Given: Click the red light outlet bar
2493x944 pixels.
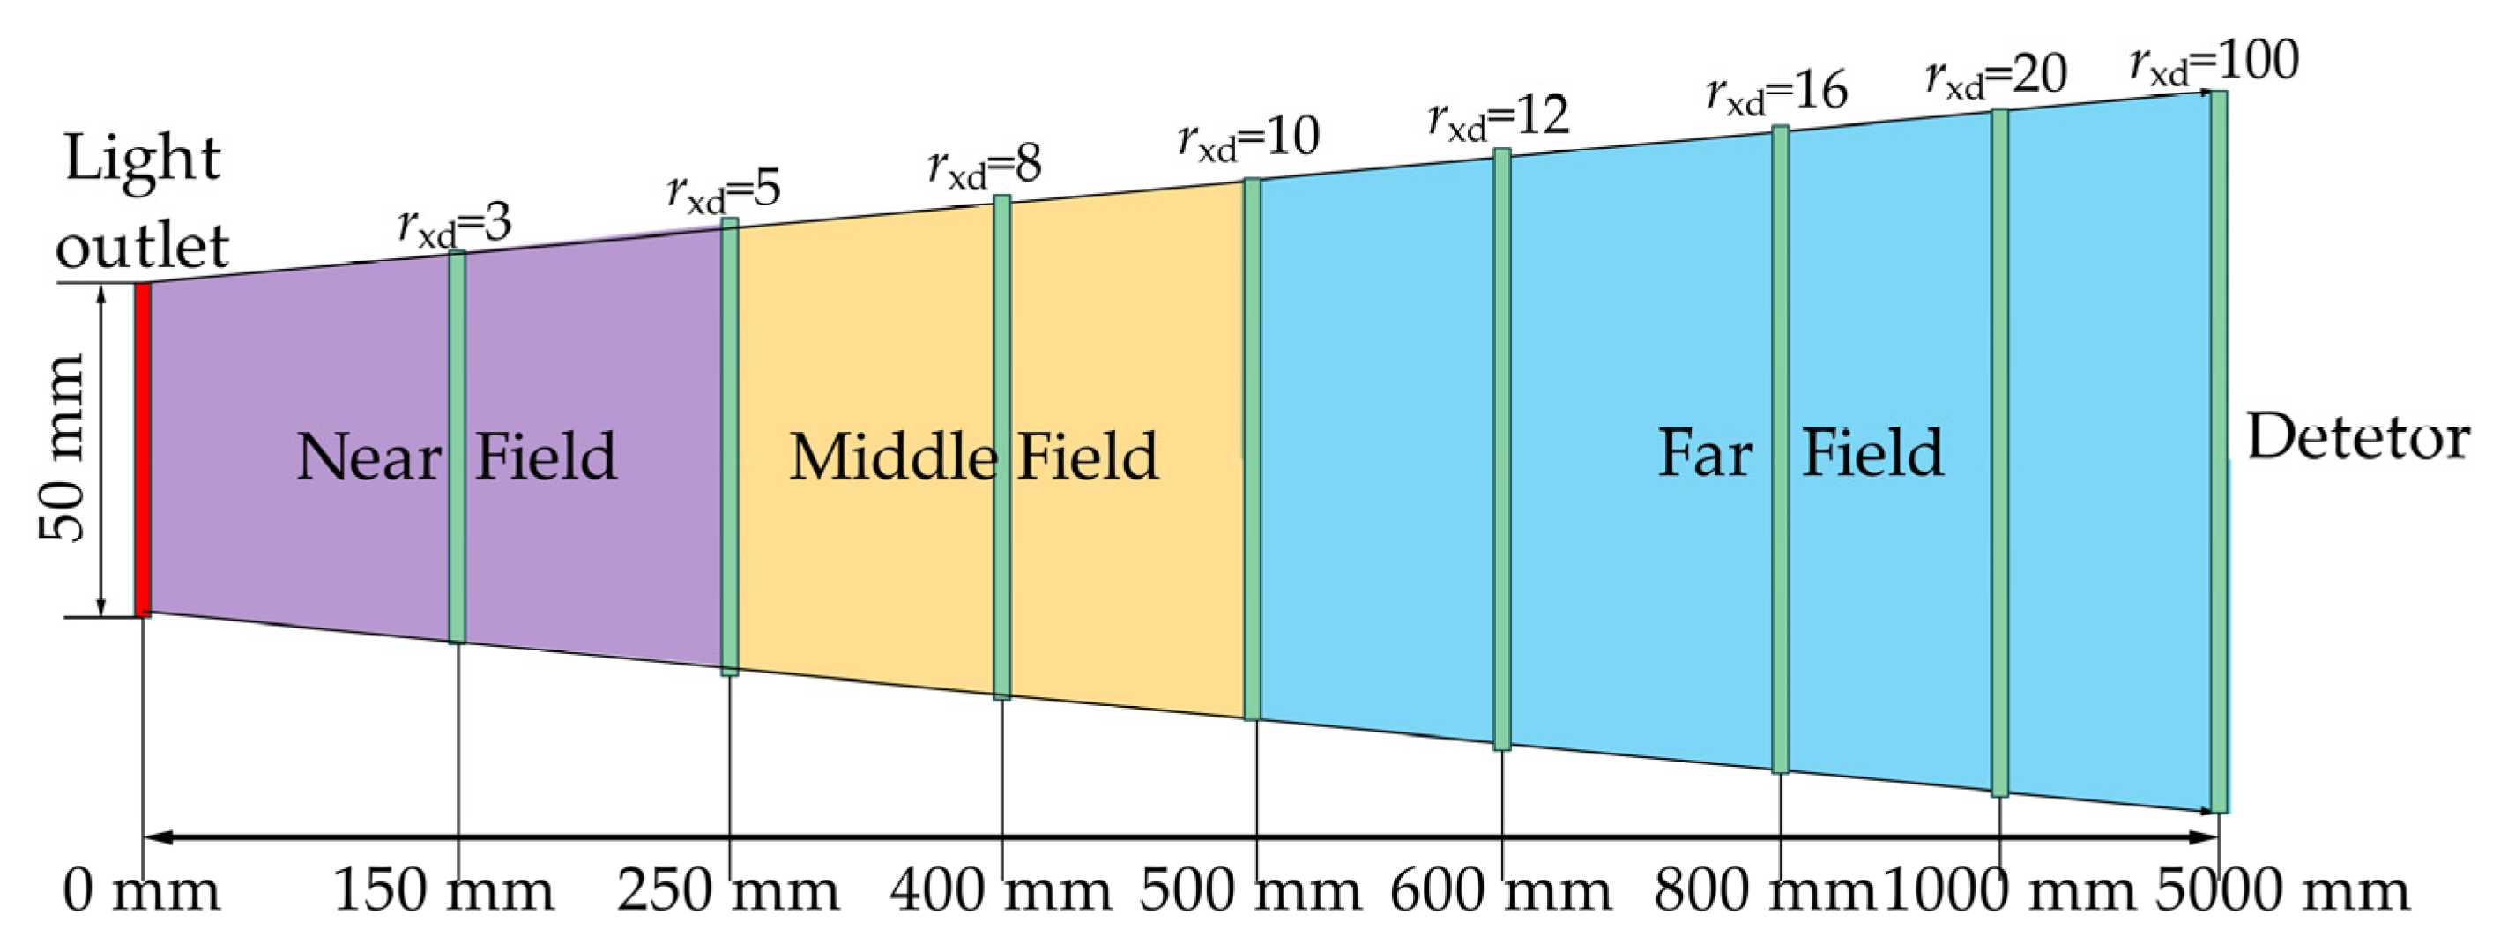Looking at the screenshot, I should tap(142, 450).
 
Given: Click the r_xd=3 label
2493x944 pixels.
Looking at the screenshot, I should tap(455, 226).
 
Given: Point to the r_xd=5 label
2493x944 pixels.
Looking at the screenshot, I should tap(724, 190).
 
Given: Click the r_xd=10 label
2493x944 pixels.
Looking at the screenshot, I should tap(1248, 138).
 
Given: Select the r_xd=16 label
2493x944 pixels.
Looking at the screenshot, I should tap(1777, 92).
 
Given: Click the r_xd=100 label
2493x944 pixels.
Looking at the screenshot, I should tap(2214, 63).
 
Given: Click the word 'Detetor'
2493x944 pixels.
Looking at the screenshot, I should tap(2357, 437).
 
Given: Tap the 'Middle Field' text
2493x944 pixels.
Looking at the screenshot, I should tap(972, 457).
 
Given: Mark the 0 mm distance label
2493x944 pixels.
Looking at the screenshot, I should tap(141, 890).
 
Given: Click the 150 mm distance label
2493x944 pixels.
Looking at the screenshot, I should tap(444, 890).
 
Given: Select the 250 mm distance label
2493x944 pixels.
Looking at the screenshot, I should tap(729, 890).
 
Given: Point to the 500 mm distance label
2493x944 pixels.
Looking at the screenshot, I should tap(1250, 890).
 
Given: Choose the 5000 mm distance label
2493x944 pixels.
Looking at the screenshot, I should tap(2282, 890).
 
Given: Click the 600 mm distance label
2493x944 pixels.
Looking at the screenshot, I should tap(1501, 890).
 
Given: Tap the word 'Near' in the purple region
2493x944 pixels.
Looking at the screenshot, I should tap(368, 457).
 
